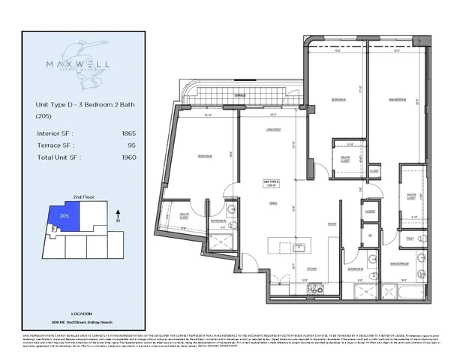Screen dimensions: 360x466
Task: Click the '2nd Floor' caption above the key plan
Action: (83, 196)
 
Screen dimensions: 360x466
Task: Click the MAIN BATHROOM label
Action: (398, 263)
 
